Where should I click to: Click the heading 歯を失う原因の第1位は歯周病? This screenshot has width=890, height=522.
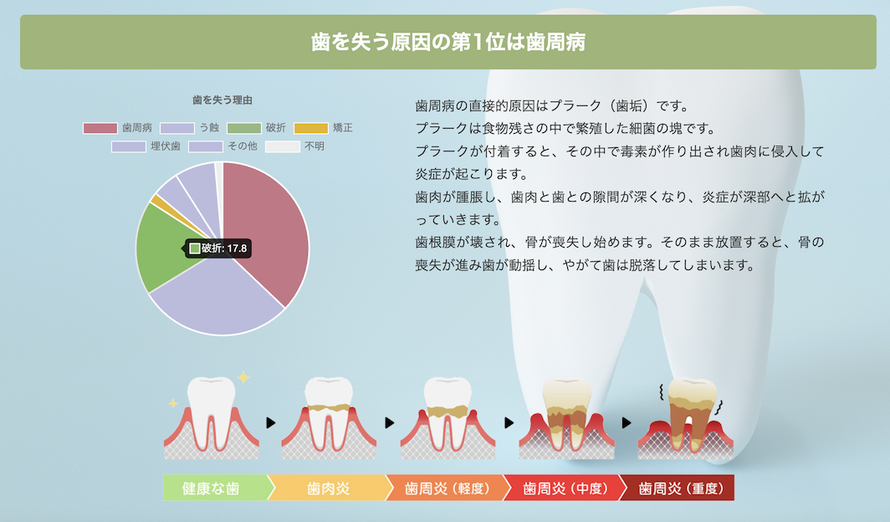point(448,42)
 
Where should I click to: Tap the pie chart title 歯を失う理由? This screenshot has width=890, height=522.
point(222,100)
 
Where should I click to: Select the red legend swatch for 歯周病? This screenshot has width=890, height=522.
point(100,128)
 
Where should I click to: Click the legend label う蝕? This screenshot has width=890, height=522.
point(209,128)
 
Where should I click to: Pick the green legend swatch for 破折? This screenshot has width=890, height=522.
point(244,128)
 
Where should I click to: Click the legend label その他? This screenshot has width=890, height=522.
point(243,146)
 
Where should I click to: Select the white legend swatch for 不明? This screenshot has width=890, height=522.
point(282,146)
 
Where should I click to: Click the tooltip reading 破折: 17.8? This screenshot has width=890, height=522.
point(219,248)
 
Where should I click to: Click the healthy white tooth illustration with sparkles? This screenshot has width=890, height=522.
point(211,414)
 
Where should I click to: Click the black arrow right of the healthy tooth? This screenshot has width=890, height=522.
point(270,423)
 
